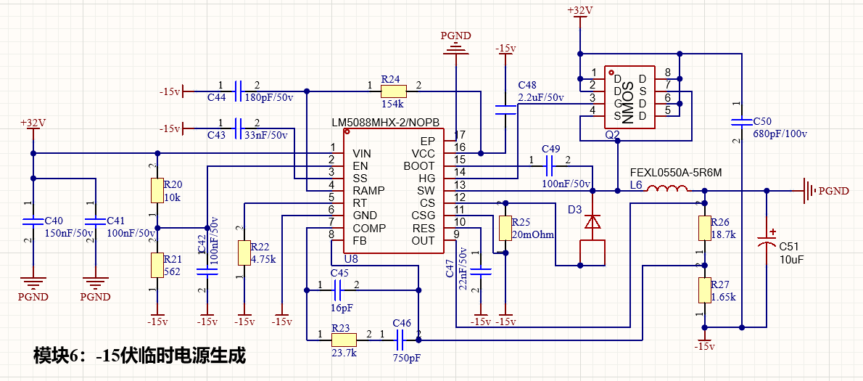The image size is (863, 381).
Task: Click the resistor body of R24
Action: [394, 91]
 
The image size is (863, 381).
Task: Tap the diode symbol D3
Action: [592, 221]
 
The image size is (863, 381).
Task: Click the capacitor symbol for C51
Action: [766, 240]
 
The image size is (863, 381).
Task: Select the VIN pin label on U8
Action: [362, 153]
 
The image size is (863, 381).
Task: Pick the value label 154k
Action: [392, 103]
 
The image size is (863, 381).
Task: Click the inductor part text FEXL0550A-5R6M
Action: [675, 173]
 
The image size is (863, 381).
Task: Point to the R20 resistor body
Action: [157, 190]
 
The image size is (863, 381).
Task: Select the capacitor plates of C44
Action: [239, 91]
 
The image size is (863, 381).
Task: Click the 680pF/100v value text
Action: [773, 133]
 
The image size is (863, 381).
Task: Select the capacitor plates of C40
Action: [33, 222]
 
